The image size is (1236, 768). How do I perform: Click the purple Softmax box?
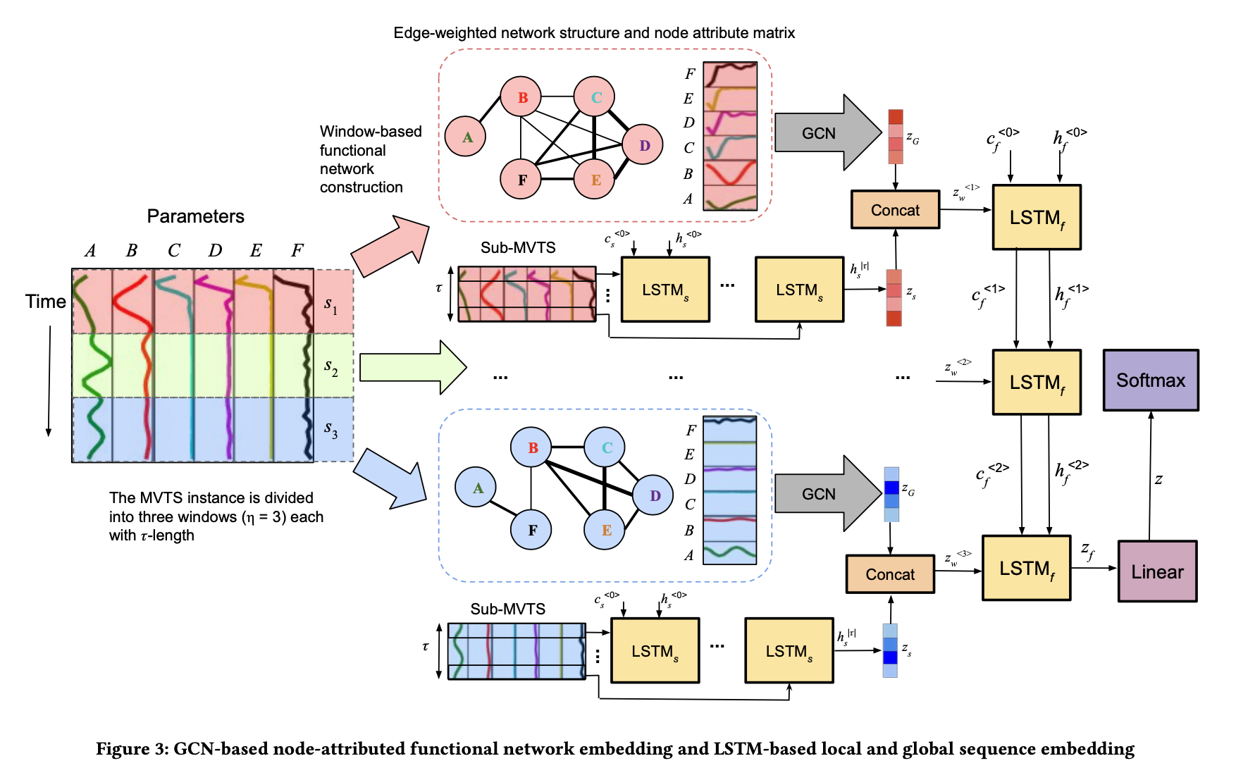1150,380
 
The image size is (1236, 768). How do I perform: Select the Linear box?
1157,571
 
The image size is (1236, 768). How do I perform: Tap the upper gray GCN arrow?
824,133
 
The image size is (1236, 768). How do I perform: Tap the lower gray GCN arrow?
824,494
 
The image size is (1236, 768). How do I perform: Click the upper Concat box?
895,210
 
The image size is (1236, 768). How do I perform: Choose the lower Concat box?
890,574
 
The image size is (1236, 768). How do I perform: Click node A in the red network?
466,137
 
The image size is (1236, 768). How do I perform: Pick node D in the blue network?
653,495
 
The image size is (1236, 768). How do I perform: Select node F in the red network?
521,179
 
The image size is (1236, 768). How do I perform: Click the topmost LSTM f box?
1036,218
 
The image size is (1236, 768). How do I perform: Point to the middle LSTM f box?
1036,383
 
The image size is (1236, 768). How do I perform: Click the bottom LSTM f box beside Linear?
1026,569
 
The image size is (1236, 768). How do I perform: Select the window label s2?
331,366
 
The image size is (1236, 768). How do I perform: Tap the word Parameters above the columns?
195,216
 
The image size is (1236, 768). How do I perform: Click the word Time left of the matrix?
45,302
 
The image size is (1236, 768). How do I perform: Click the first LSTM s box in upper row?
665,290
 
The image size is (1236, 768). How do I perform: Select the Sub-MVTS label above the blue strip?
507,609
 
